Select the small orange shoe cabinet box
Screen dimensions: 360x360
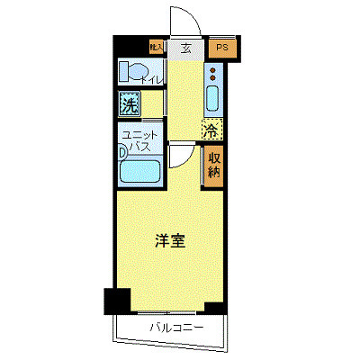tap(156, 48)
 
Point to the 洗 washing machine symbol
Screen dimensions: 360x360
tap(130, 104)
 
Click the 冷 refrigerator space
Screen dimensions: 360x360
tap(210, 130)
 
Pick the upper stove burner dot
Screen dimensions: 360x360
tap(214, 67)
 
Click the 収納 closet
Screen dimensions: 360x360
tap(214, 166)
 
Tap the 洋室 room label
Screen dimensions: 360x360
tap(169, 240)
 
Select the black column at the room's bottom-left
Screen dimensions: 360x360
tap(116, 301)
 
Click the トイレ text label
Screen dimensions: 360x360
tap(151, 81)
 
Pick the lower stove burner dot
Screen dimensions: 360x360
tap(214, 76)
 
